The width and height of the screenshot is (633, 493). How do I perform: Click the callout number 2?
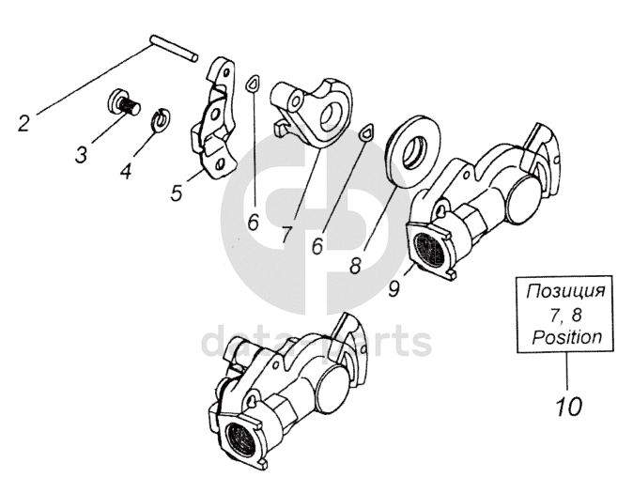[24, 121]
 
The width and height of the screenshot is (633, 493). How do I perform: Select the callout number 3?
[82, 153]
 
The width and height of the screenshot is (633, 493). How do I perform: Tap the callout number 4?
[126, 171]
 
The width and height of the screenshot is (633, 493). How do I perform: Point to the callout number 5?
[177, 193]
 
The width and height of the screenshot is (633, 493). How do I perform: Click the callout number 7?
[286, 234]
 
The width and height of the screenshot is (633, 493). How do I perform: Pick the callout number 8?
[354, 265]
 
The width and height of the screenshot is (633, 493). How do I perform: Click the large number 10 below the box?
[567, 407]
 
